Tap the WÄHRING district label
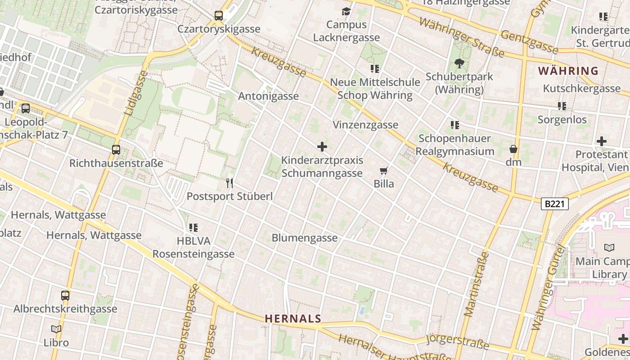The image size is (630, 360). point(568,71)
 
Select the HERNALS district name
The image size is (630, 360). point(293,319)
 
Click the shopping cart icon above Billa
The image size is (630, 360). point(384,171)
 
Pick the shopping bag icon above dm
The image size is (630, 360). point(513,149)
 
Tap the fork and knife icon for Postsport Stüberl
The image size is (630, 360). point(229,183)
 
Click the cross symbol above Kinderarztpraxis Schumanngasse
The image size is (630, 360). point(322,147)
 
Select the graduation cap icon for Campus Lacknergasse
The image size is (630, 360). point(346,11)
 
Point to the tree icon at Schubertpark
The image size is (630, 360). point(459,63)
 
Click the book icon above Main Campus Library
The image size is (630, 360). point(609,247)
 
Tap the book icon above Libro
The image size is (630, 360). point(56,329)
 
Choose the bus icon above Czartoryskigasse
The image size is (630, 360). point(219,16)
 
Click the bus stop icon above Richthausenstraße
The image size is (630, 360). point(116,150)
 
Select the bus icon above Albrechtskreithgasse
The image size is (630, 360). point(65,296)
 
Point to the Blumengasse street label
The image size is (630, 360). point(305,238)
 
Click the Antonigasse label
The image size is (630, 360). point(268,96)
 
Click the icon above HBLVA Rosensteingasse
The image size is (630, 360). point(193,228)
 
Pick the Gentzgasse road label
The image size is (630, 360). point(529,41)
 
